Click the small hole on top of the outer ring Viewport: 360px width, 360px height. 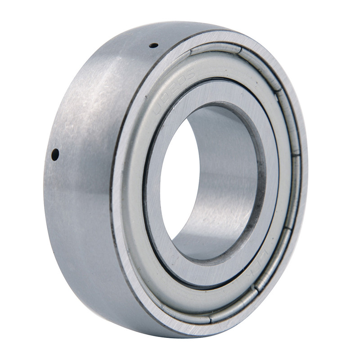pyautogui.click(x=153, y=45)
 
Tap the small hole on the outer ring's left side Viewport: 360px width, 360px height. pyautogui.click(x=55, y=154)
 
